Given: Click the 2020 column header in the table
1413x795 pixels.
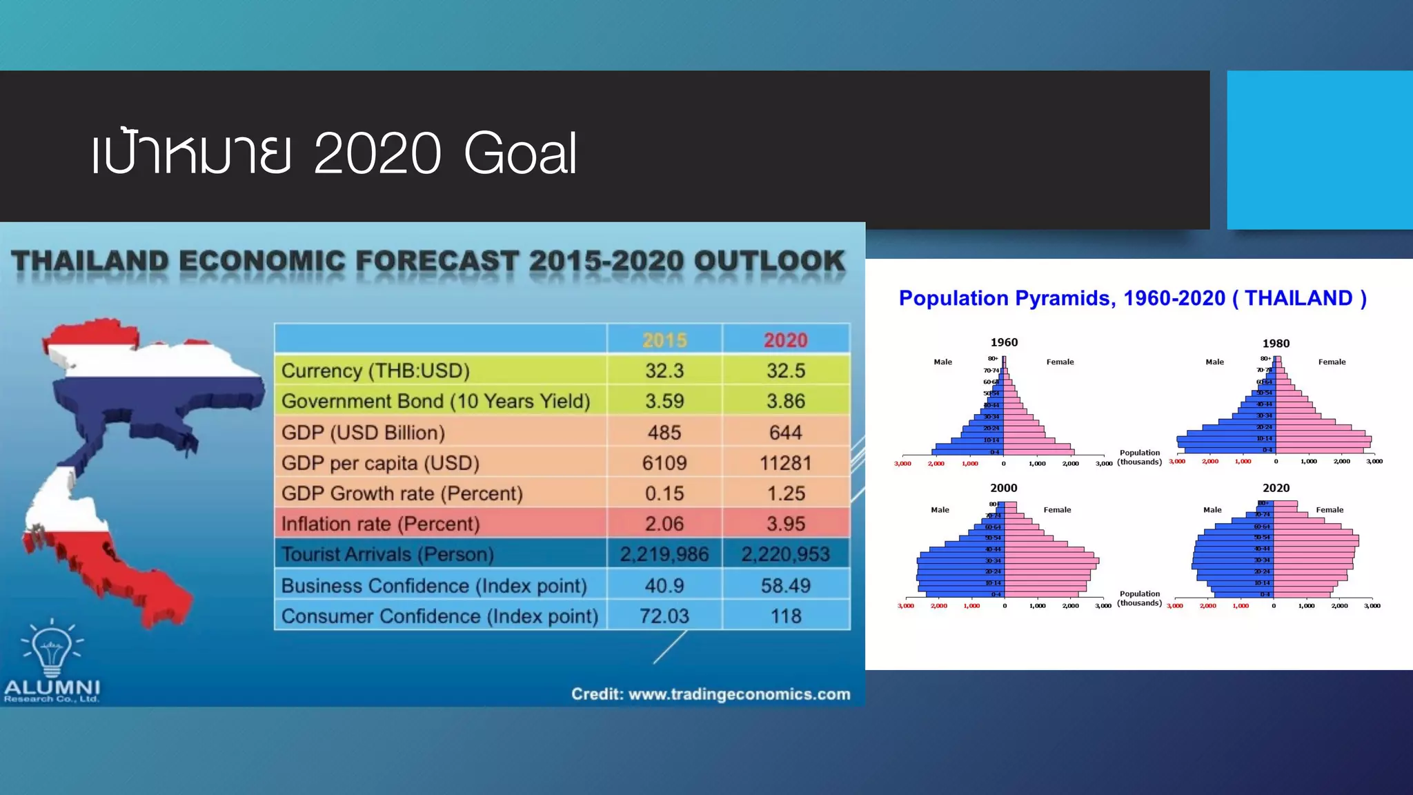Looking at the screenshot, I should [x=785, y=340].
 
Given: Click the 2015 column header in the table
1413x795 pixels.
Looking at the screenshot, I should [x=664, y=340].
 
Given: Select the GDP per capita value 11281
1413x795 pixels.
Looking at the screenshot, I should [x=785, y=463].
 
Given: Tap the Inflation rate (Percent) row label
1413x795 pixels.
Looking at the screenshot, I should [x=380, y=524].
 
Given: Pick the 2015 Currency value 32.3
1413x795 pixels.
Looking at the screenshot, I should [x=664, y=371].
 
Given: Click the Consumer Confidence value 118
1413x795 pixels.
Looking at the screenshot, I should [x=785, y=616].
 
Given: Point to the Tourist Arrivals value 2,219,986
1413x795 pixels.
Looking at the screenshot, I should [x=664, y=555].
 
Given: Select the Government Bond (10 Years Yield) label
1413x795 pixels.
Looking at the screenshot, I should [x=435, y=402].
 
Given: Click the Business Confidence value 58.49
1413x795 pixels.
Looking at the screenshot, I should [x=785, y=586].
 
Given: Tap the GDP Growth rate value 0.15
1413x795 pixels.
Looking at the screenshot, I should [x=664, y=494].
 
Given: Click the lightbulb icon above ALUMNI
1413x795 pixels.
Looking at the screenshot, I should [x=52, y=647].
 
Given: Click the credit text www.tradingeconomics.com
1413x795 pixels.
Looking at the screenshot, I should [x=739, y=694].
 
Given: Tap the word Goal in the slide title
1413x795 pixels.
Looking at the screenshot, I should [x=520, y=153].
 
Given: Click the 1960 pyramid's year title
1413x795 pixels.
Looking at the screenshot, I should [x=1004, y=342].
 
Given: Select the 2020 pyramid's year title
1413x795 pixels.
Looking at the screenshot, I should [x=1276, y=488].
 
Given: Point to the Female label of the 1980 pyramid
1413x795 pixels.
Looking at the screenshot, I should [x=1332, y=362].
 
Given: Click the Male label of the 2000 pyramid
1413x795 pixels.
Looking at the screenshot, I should [x=940, y=510].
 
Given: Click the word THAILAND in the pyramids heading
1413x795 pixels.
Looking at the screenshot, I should [x=1298, y=298].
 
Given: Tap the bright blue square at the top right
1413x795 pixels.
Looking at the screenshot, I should [x=1319, y=150].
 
